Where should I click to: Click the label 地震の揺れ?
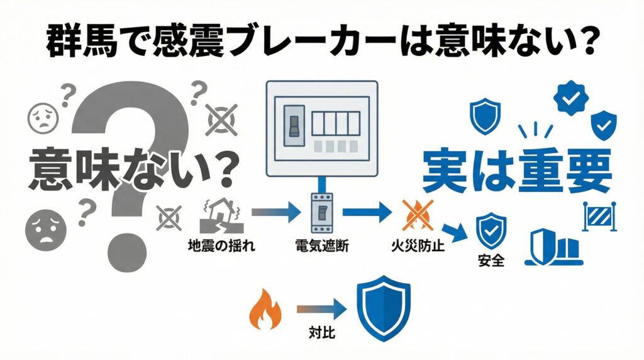click(x=213, y=245)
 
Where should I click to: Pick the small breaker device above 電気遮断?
click(x=321, y=213)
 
